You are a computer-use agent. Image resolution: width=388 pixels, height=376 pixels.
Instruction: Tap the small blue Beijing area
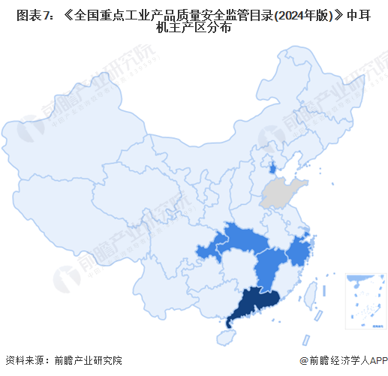pos(272,166)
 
